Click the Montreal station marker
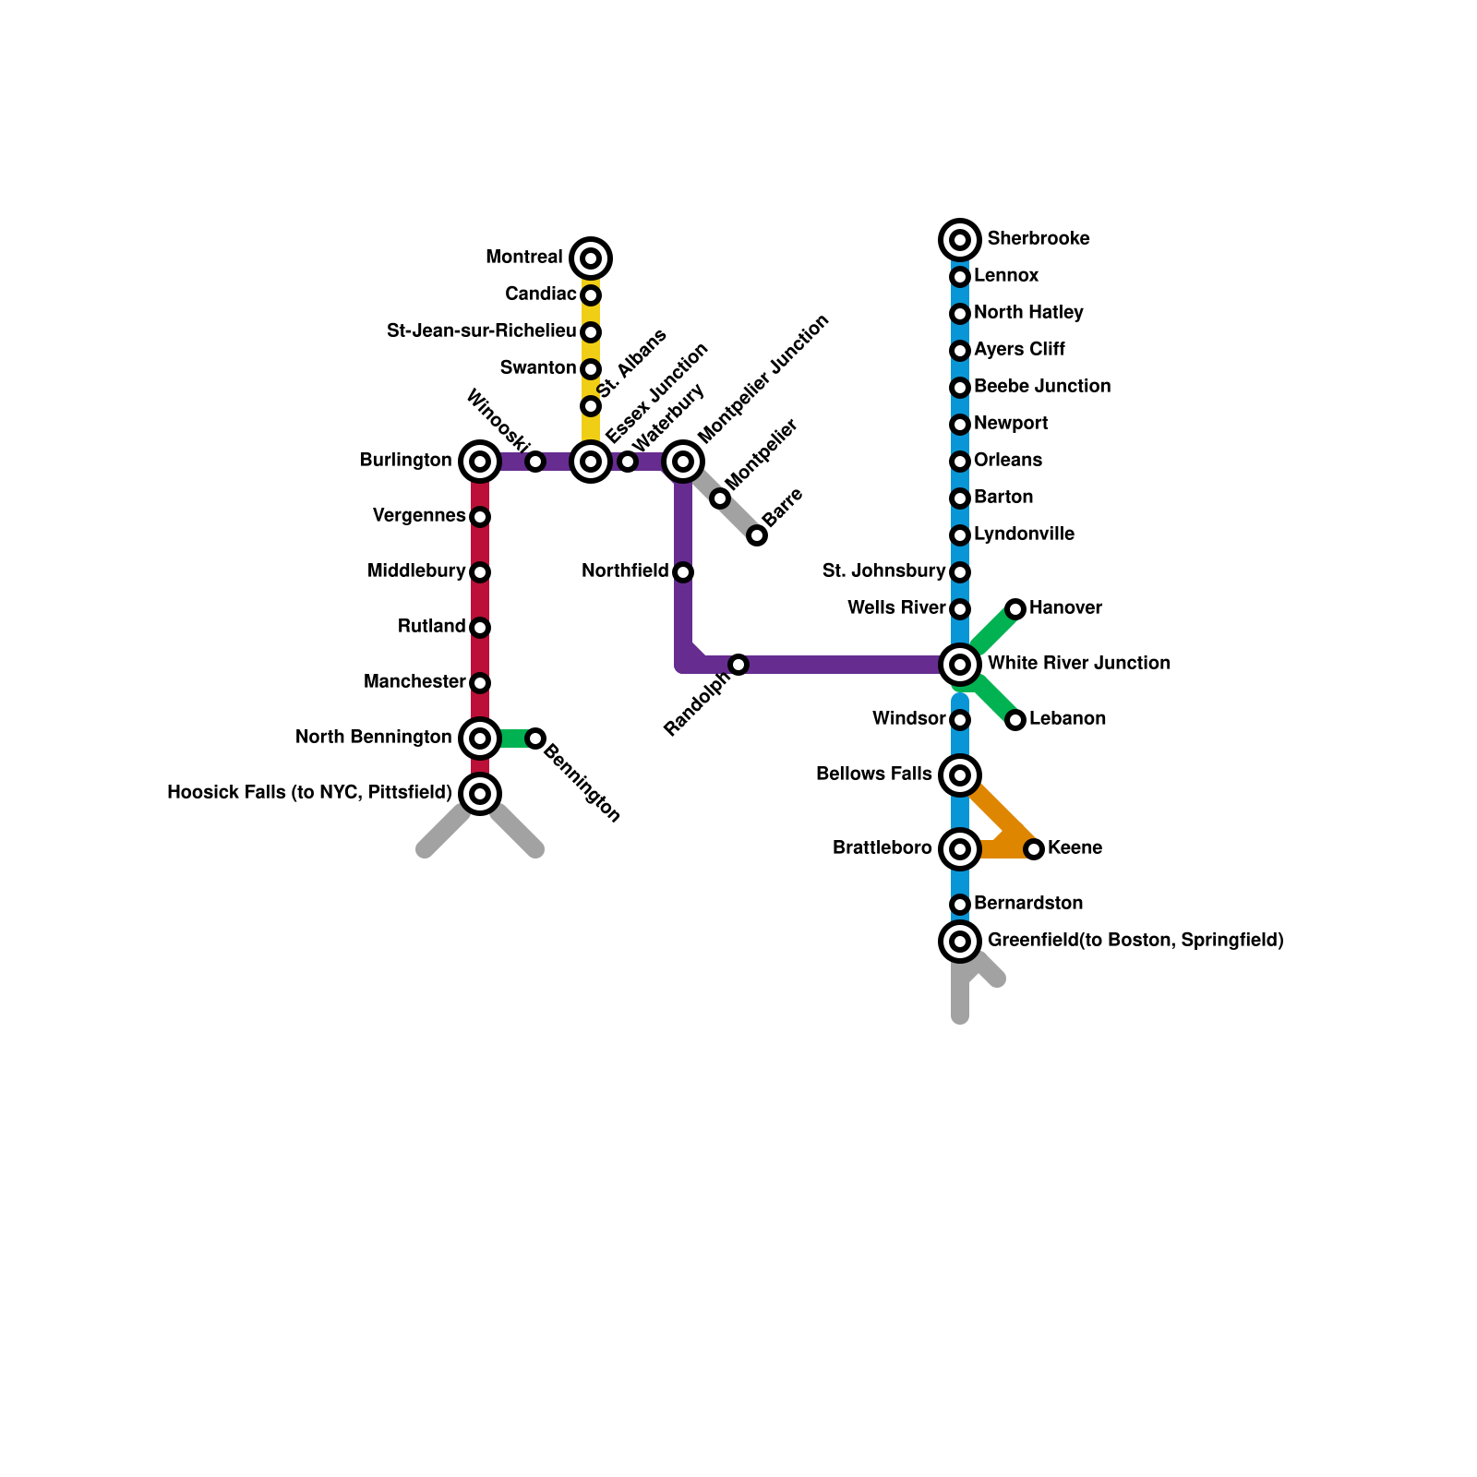(x=591, y=258)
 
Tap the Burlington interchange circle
(x=480, y=461)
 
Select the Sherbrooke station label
(x=1039, y=239)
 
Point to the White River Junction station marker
(x=960, y=664)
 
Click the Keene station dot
(x=1034, y=848)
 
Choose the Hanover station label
(x=1065, y=608)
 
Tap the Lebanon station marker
(x=1015, y=719)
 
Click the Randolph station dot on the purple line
(x=738, y=664)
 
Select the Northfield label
(x=625, y=571)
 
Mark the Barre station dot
(x=757, y=534)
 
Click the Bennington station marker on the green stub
(x=535, y=738)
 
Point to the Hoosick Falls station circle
(x=480, y=793)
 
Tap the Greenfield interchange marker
(x=960, y=941)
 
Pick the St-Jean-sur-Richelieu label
(x=482, y=331)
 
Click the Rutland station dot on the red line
(x=480, y=627)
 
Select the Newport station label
(x=1011, y=424)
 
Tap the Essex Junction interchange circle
(x=591, y=461)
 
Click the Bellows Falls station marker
(x=960, y=775)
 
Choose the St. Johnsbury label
(x=884, y=571)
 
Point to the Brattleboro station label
(x=883, y=848)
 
